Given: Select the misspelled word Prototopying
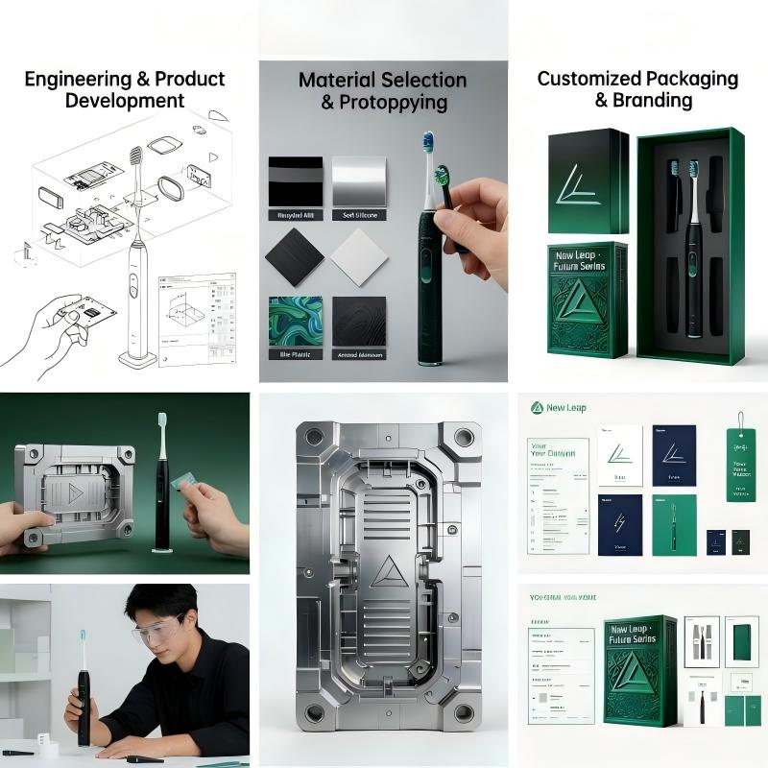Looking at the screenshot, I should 394,102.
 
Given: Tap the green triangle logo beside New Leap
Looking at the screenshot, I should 538,408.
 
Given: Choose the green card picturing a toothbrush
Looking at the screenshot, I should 674,525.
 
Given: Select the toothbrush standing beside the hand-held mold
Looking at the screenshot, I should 161,485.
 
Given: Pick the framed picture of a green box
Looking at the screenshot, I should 740,642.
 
